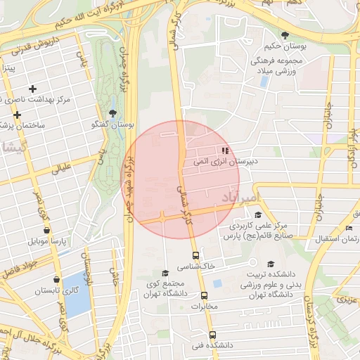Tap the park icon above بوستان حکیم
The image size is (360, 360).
pyautogui.click(x=285, y=36)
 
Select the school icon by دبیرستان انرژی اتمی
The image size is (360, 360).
pyautogui.click(x=224, y=150)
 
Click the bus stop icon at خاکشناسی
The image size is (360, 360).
pyautogui.click(x=195, y=256)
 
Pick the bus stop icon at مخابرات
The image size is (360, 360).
pyautogui.click(x=205, y=296)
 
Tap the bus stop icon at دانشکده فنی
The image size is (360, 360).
pyautogui.click(x=212, y=335)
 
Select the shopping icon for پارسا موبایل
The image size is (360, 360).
pyautogui.click(x=46, y=230)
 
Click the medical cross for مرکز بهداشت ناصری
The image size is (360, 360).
pyautogui.click(x=32, y=89)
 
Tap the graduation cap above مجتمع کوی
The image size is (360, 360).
pyautogui.click(x=165, y=274)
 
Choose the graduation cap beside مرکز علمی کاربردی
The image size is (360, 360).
pyautogui.click(x=258, y=215)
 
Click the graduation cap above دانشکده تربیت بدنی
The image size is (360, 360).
pyautogui.click(x=271, y=264)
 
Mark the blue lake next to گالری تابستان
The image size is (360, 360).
pyautogui.click(x=77, y=295)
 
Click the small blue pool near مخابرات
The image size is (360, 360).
pyautogui.click(x=217, y=283)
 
